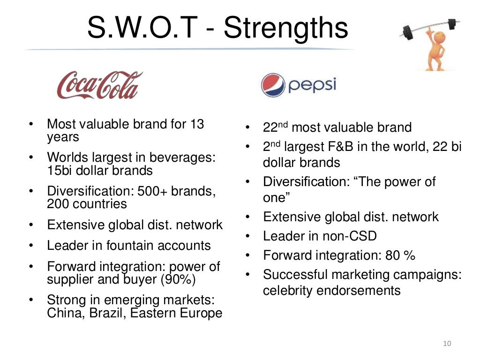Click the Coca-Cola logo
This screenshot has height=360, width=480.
coord(99,85)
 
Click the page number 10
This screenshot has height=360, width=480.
coord(446,345)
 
